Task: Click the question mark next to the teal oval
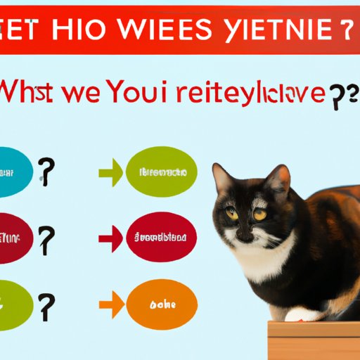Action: pos(46,171)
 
